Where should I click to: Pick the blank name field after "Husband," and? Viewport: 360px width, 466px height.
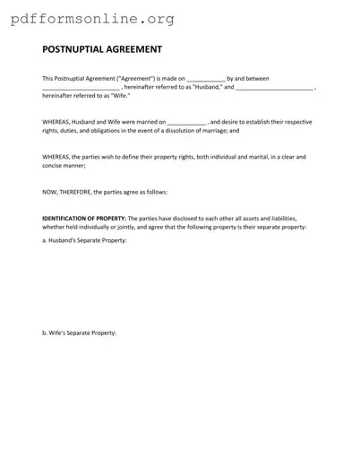274,88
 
